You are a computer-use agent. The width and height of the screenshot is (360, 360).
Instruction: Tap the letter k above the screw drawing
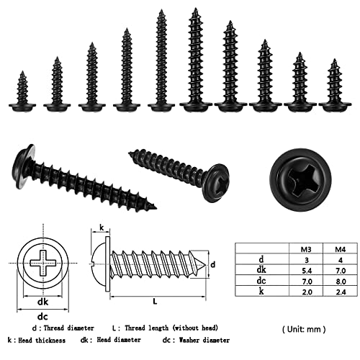coord(102,228)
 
